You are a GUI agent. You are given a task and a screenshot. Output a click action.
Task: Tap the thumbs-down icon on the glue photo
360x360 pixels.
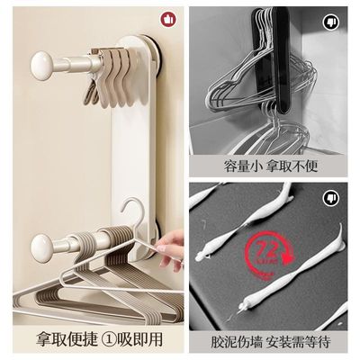point(332,195)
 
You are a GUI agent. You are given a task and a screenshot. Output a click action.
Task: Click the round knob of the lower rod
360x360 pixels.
point(42,247)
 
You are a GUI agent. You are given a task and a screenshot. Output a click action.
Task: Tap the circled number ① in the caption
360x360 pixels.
point(112,342)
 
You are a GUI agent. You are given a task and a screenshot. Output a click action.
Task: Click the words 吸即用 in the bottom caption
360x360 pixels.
point(142,342)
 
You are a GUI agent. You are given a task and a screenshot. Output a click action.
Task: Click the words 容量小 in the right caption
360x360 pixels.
point(242,166)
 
